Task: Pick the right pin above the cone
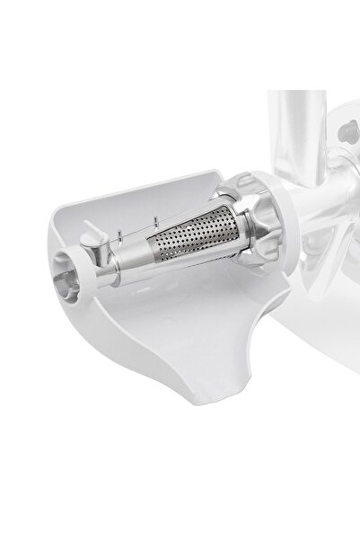coord(155,221)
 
